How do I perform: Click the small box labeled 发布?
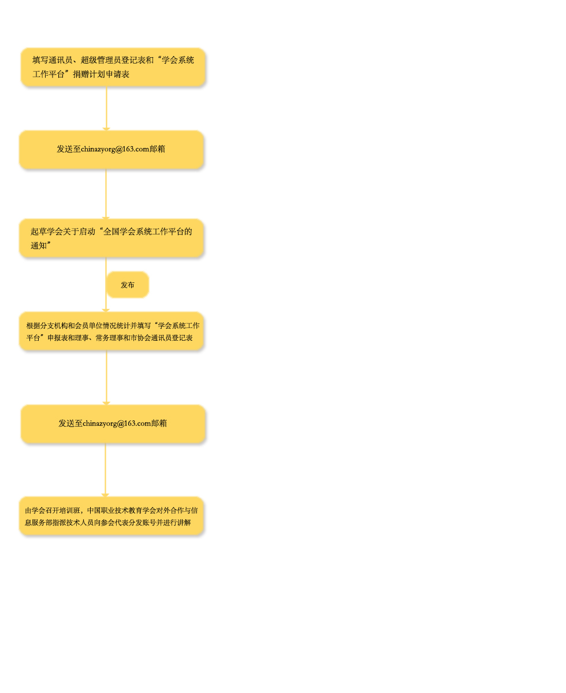point(127,284)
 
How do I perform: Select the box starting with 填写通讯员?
point(113,67)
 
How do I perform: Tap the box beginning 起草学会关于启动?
point(111,238)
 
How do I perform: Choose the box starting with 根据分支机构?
point(111,331)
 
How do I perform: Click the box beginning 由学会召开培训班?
point(111,516)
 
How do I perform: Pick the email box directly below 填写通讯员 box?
point(111,150)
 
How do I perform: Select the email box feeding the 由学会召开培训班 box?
point(113,424)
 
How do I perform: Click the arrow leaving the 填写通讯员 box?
point(106,109)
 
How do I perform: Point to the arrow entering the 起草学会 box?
point(106,194)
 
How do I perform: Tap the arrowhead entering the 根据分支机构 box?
point(106,310)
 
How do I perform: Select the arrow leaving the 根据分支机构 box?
point(106,378)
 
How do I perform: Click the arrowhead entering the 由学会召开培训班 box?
point(105,495)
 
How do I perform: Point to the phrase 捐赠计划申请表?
point(101,74)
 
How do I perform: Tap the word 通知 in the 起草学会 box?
point(39,245)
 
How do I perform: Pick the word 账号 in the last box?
point(149,523)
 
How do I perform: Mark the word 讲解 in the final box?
point(184,523)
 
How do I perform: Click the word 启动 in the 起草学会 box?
point(87,232)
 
